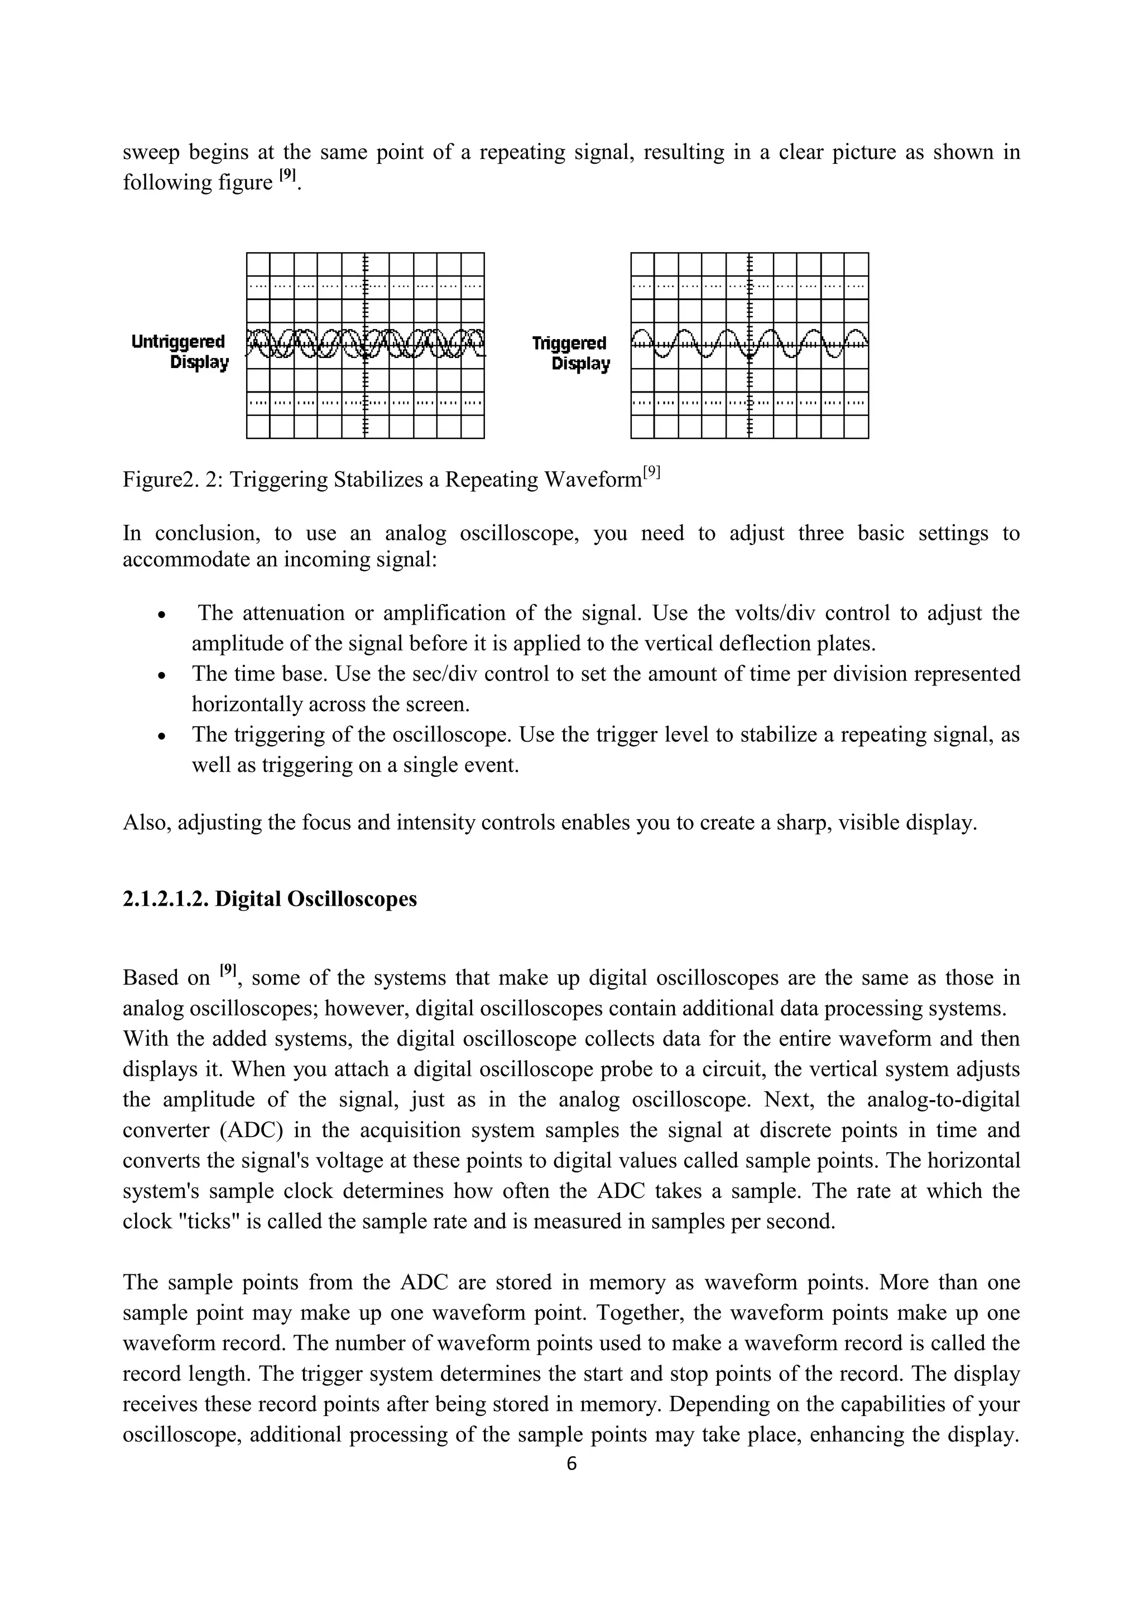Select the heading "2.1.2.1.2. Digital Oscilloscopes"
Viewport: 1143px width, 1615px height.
(270, 899)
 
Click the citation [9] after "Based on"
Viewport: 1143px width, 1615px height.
(227, 971)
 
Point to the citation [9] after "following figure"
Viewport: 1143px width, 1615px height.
(287, 176)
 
